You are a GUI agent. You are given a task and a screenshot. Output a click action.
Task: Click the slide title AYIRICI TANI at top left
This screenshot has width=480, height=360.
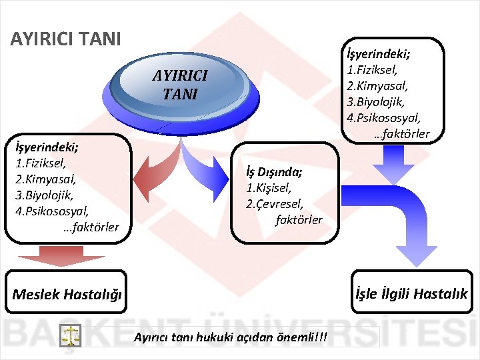point(66,39)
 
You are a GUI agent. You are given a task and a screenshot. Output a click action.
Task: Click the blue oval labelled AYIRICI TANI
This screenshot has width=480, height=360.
point(180,85)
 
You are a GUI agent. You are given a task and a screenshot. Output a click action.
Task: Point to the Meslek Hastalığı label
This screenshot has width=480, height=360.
point(67,294)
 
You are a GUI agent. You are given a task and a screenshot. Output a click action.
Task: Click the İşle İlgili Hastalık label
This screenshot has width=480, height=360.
point(411,293)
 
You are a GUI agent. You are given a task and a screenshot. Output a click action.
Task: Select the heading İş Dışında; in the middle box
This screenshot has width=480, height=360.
point(275,173)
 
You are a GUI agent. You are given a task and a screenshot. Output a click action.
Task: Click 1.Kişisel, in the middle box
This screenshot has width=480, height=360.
point(269,188)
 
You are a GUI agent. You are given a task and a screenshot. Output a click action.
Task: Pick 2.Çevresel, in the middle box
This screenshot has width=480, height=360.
point(274,204)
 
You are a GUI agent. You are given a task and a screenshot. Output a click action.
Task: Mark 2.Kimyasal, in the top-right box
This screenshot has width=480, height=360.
point(377,86)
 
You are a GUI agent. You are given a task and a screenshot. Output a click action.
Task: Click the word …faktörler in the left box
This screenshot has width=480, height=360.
point(91,227)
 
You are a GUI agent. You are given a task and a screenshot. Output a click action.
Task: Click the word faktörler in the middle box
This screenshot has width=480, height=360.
point(299,219)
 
